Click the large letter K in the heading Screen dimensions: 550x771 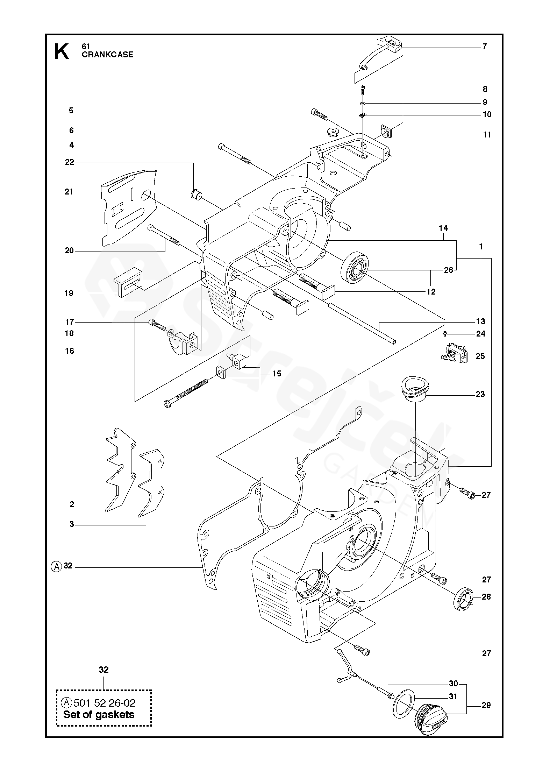tap(62, 51)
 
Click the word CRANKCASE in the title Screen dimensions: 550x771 tap(107, 55)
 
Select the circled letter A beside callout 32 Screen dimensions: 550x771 tap(56, 566)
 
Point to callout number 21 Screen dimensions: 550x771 tap(69, 192)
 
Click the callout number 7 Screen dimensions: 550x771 tap(485, 47)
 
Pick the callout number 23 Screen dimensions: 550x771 tap(480, 394)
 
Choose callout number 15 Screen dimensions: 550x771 tap(277, 374)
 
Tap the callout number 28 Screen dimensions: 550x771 tap(486, 597)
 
